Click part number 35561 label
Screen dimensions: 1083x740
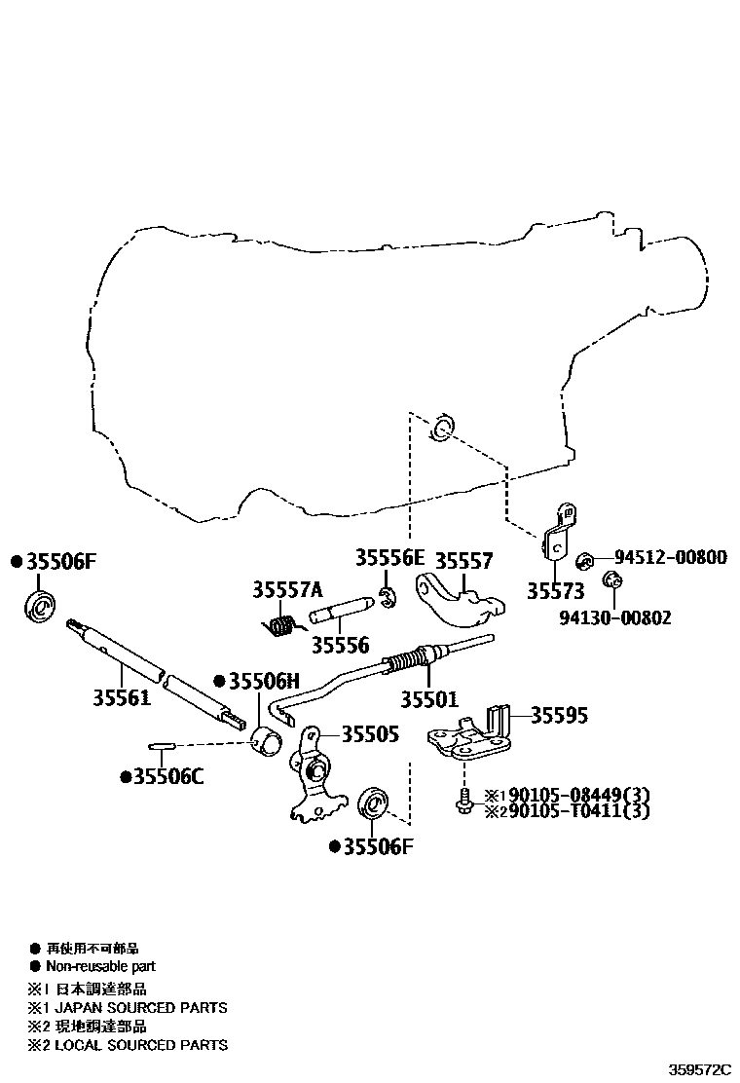tap(122, 697)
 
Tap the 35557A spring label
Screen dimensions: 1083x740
tap(287, 589)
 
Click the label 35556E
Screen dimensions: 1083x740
tap(389, 558)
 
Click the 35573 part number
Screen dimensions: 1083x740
tap(556, 591)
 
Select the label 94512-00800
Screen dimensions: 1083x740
tap(670, 557)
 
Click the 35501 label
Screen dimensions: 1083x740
tap(429, 698)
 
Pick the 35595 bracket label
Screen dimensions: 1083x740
tap(559, 716)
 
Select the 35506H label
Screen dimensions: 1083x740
tap(264, 681)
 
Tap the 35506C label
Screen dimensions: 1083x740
tap(166, 776)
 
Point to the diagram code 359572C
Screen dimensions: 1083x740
tap(700, 1068)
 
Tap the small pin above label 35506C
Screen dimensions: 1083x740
tap(162, 747)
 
